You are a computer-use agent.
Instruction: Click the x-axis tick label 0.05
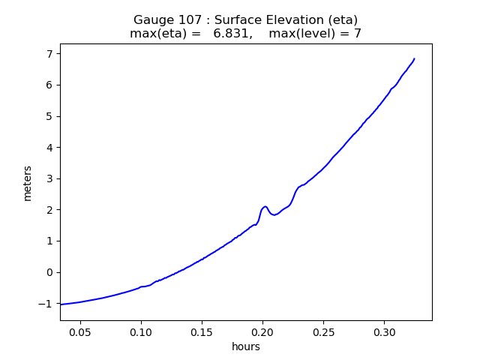point(80,331)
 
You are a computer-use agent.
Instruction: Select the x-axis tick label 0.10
point(141,331)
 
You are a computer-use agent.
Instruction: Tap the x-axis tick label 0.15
point(202,331)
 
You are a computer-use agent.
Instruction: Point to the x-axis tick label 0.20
point(262,331)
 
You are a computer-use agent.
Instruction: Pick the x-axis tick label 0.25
point(323,331)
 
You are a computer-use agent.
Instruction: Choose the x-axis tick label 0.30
point(384,331)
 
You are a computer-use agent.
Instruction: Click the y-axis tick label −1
point(46,304)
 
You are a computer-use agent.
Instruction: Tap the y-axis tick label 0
point(50,272)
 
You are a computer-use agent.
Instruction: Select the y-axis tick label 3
point(50,178)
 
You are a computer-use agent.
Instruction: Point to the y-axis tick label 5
point(50,116)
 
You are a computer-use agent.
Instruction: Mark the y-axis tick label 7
point(50,54)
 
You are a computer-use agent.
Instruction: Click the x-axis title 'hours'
point(246,346)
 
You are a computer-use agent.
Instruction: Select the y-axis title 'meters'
point(28,183)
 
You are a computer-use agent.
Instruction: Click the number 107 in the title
point(188,19)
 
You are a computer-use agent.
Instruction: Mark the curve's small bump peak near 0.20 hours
point(265,206)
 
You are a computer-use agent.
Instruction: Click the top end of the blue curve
point(414,58)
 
